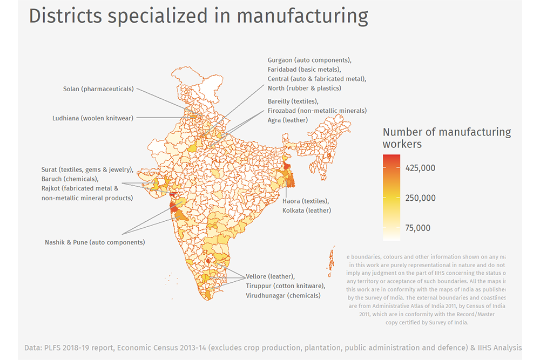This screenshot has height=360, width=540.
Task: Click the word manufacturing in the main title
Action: pos(302,16)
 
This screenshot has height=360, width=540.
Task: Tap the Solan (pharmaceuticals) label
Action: pos(98,89)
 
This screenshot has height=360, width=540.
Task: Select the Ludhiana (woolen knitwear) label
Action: pos(93,118)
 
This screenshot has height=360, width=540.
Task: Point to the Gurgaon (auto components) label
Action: pos(309,60)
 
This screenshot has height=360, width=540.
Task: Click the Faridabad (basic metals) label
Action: pos(304,70)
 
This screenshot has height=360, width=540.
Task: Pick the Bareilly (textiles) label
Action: pos(293,101)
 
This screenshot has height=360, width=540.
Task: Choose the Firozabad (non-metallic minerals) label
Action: pos(317,111)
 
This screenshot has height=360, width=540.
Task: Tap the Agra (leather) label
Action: pos(288,120)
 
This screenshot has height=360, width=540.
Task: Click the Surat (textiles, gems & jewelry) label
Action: pos(87,169)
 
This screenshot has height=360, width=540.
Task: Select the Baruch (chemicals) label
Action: pos(70,179)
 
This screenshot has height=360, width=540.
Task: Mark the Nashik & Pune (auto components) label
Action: pos(95,242)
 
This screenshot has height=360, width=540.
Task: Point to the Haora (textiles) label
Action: pos(306,201)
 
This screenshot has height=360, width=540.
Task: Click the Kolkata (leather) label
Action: pos(307,210)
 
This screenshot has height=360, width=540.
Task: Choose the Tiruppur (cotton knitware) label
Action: pos(285,286)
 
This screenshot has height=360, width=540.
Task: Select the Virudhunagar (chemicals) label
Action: pos(283,295)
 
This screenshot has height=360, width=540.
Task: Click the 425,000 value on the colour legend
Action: pos(421,168)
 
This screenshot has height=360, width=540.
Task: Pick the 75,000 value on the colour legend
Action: pos(418,228)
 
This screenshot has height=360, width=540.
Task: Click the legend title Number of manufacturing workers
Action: pos(447,138)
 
